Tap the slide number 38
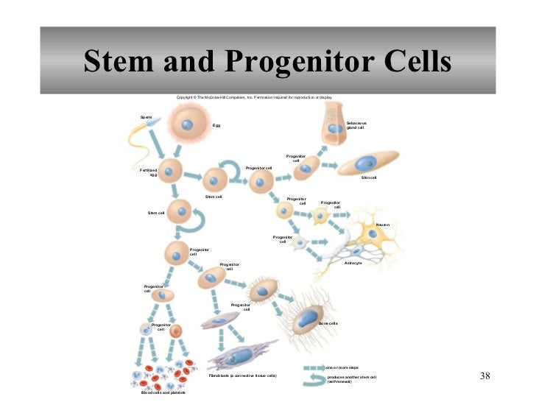pyautogui.click(x=484, y=376)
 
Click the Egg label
pyautogui.click(x=216, y=125)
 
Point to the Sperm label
pyautogui.click(x=147, y=117)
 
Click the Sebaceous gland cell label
pyautogui.click(x=356, y=125)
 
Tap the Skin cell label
pyautogui.click(x=369, y=177)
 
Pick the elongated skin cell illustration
pyautogui.click(x=367, y=163)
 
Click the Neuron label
pyautogui.click(x=382, y=225)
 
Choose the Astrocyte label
pyautogui.click(x=353, y=263)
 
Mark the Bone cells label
pyautogui.click(x=328, y=323)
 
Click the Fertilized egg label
pyautogui.click(x=149, y=172)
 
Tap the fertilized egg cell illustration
pyautogui.click(x=171, y=172)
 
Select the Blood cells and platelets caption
pyautogui.click(x=153, y=392)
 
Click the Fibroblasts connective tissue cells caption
pyautogui.click(x=242, y=375)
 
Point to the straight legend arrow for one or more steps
pyautogui.click(x=313, y=367)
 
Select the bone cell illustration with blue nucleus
pyautogui.click(x=306, y=320)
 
